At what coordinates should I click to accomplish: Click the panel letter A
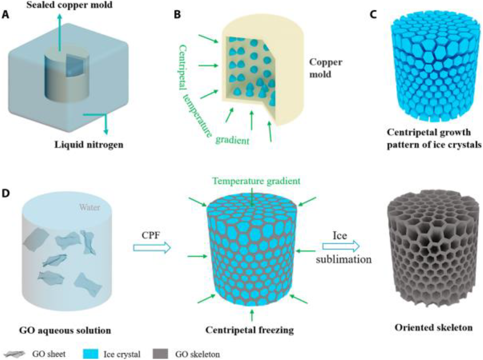[x=5, y=15]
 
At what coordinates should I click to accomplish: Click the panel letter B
[x=177, y=15]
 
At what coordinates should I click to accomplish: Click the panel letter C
[x=373, y=15]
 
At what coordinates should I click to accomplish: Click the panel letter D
[x=6, y=193]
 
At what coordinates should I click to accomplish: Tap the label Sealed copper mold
[x=69, y=5]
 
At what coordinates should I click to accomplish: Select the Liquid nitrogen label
[x=89, y=145]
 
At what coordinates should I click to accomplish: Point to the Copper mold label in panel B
[x=325, y=68]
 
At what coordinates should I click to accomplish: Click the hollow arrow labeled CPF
[x=152, y=248]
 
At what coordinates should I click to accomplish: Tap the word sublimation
[x=343, y=259]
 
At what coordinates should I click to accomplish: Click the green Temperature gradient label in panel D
[x=256, y=181]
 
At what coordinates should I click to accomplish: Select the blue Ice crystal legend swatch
[x=91, y=354]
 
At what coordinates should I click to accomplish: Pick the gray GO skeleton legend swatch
[x=160, y=354]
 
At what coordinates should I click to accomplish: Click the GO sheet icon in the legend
[x=14, y=354]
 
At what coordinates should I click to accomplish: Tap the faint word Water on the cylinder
[x=89, y=207]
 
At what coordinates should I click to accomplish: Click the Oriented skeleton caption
[x=433, y=328]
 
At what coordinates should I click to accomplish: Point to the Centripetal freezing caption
[x=249, y=330]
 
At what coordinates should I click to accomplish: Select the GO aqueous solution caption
[x=65, y=330]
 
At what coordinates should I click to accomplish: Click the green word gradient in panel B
[x=232, y=140]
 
